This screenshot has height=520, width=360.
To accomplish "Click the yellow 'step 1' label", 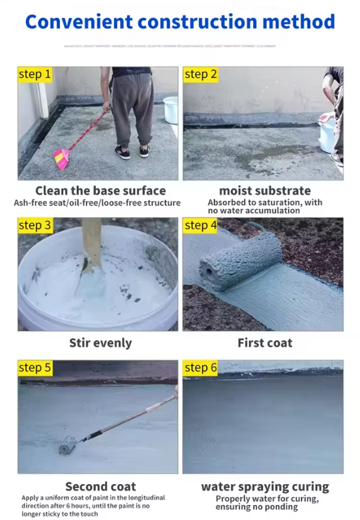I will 35,74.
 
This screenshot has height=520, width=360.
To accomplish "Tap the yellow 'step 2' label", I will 200,74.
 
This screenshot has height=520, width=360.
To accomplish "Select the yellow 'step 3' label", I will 35,226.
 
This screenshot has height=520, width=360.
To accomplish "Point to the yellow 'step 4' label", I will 200,226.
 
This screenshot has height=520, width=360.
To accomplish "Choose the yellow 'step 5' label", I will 35,368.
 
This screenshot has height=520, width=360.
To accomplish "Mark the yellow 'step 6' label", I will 200,368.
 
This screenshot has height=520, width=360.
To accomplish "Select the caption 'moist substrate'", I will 265,191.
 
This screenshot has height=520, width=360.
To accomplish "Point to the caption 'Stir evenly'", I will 100,343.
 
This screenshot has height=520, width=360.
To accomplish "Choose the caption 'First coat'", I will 265,343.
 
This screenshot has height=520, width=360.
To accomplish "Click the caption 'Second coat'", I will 100,486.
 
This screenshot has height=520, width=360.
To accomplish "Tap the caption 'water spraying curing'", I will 265,486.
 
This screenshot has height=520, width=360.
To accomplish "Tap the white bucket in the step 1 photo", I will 170,110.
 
